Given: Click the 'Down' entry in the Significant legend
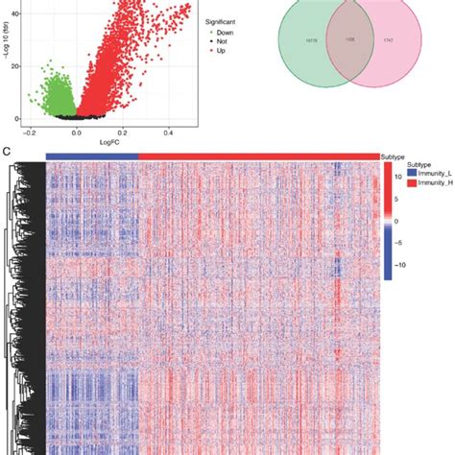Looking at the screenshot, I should pos(227,31).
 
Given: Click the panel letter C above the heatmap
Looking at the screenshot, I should pos(8,152).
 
